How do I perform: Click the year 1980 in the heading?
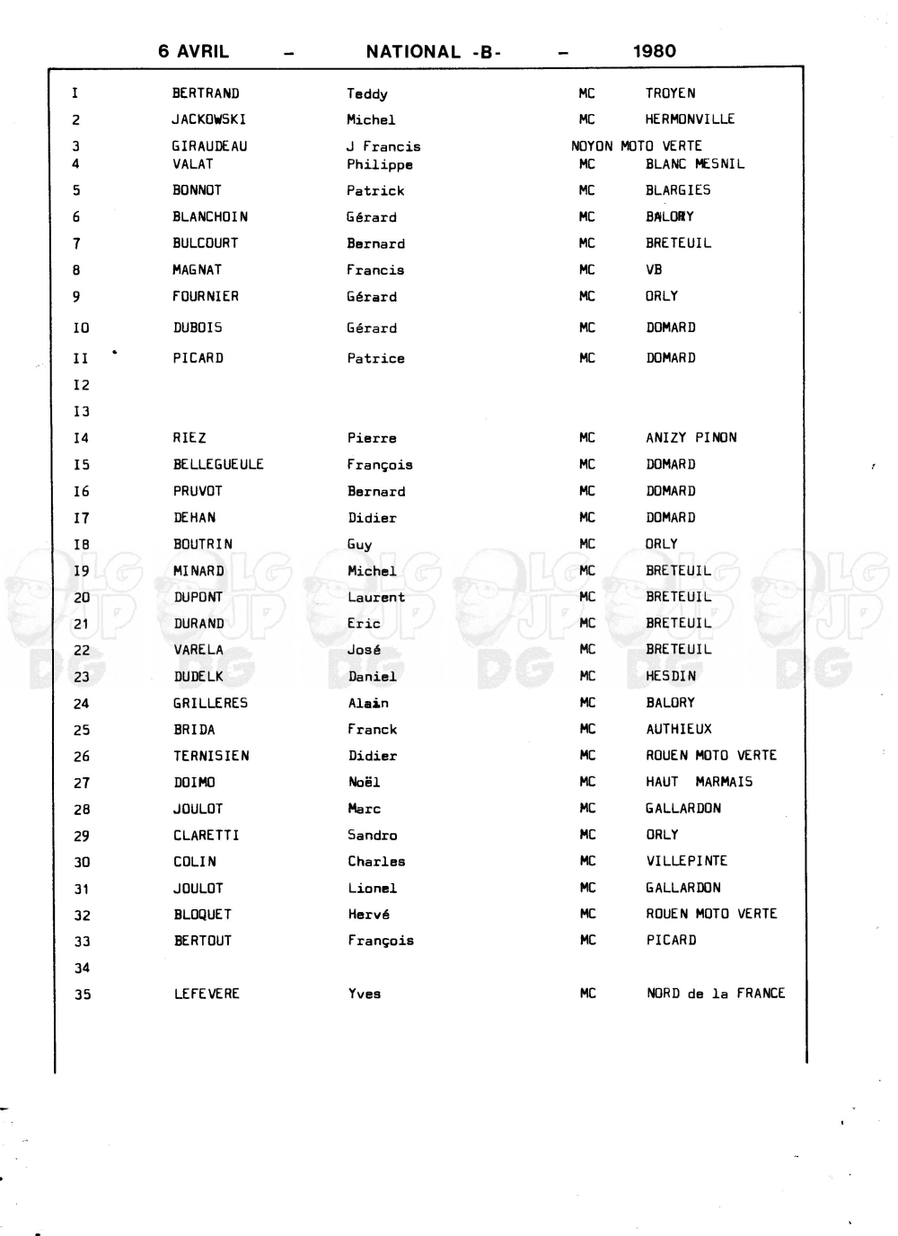point(654,51)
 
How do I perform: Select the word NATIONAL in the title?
point(413,52)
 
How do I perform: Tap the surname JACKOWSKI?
point(208,119)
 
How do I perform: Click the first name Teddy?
point(366,93)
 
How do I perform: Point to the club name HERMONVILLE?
point(690,119)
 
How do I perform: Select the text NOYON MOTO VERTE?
point(636,145)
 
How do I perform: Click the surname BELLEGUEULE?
point(218,464)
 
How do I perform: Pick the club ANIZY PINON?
point(691,438)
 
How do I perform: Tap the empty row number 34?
point(82,968)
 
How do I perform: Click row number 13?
point(82,411)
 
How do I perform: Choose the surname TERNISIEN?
point(211,756)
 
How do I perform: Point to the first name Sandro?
point(372,835)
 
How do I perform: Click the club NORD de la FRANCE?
point(715,994)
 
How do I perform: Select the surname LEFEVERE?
point(207,994)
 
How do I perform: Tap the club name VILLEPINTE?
point(686,861)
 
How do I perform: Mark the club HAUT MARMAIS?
point(699,782)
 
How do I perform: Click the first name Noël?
point(364,782)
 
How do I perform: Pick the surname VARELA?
point(198,650)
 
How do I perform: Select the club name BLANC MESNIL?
point(694,164)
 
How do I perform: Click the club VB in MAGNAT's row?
point(654,269)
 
